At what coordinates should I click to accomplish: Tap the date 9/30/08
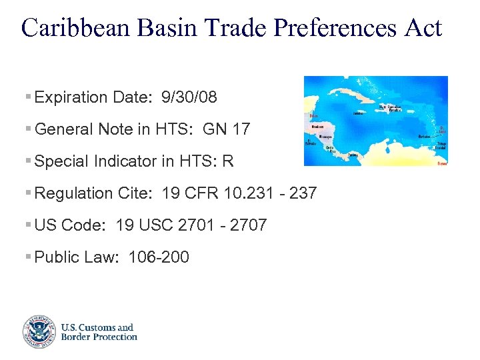[x=189, y=97]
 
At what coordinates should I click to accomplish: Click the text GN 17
[x=227, y=129]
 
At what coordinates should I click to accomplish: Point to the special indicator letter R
[x=229, y=161]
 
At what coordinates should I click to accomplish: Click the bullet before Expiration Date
[x=27, y=97]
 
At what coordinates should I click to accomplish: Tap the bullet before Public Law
[x=27, y=257]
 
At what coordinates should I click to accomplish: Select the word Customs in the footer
[x=97, y=327]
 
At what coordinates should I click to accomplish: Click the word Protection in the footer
[x=115, y=337]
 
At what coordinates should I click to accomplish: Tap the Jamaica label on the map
[x=357, y=113]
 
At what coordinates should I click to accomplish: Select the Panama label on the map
[x=353, y=155]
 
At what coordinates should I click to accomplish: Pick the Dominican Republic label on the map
[x=391, y=107]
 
